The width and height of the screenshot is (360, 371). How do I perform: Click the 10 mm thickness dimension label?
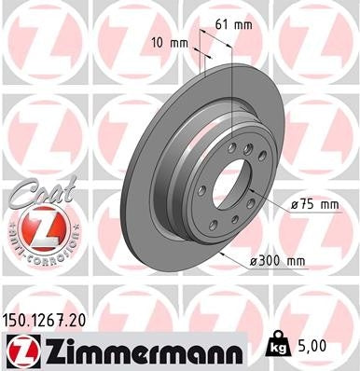click(166, 42)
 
